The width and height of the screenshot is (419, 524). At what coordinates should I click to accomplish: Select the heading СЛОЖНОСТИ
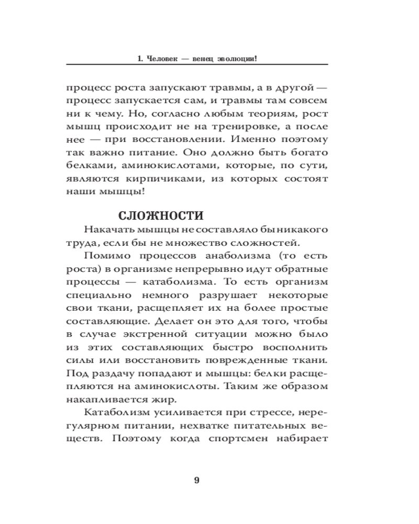click(x=160, y=216)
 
